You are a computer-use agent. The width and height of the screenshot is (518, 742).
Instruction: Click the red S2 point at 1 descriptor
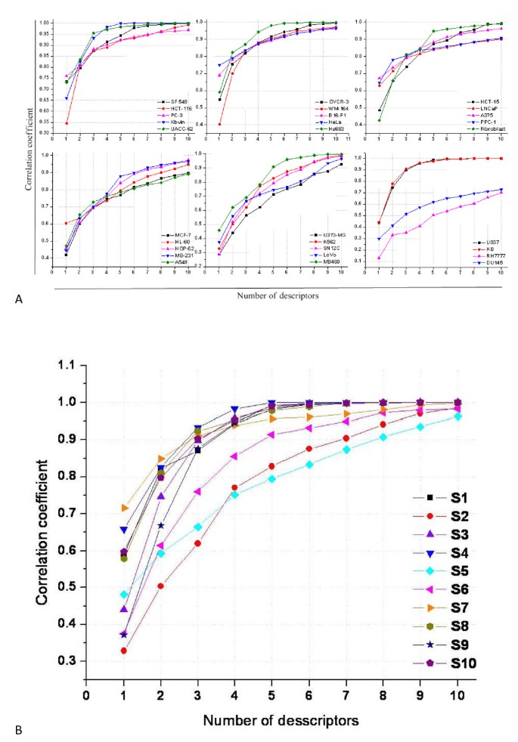coord(123,651)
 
